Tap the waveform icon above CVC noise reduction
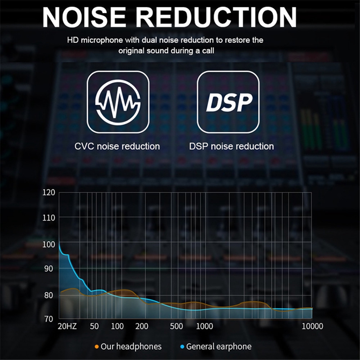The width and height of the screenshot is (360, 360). [118, 102]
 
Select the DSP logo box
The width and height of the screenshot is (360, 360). [228, 102]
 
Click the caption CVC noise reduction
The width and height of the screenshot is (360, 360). [117, 147]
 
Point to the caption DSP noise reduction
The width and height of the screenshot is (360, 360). [231, 147]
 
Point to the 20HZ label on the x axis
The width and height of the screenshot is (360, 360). [67, 327]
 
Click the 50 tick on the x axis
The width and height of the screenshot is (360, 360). [94, 327]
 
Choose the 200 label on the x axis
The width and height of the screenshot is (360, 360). [141, 327]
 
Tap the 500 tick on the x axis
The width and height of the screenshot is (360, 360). [176, 327]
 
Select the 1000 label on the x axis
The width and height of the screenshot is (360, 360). [204, 327]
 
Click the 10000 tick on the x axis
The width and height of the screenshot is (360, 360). [312, 327]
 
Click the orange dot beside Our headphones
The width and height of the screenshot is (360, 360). [96, 347]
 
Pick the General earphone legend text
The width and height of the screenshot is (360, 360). [219, 347]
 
